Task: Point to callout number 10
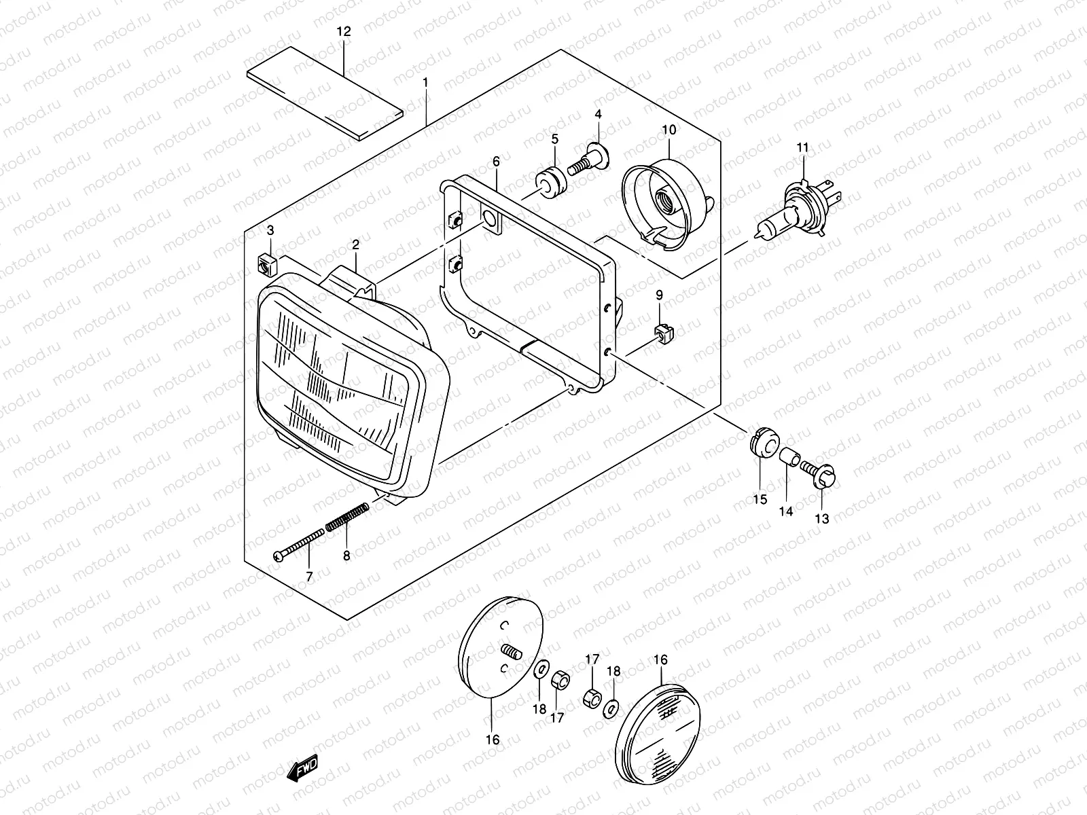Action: click(x=668, y=129)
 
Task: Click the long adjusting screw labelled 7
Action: click(x=300, y=546)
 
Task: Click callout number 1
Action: click(x=425, y=84)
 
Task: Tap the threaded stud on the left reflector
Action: click(x=511, y=654)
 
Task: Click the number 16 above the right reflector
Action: click(x=660, y=659)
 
